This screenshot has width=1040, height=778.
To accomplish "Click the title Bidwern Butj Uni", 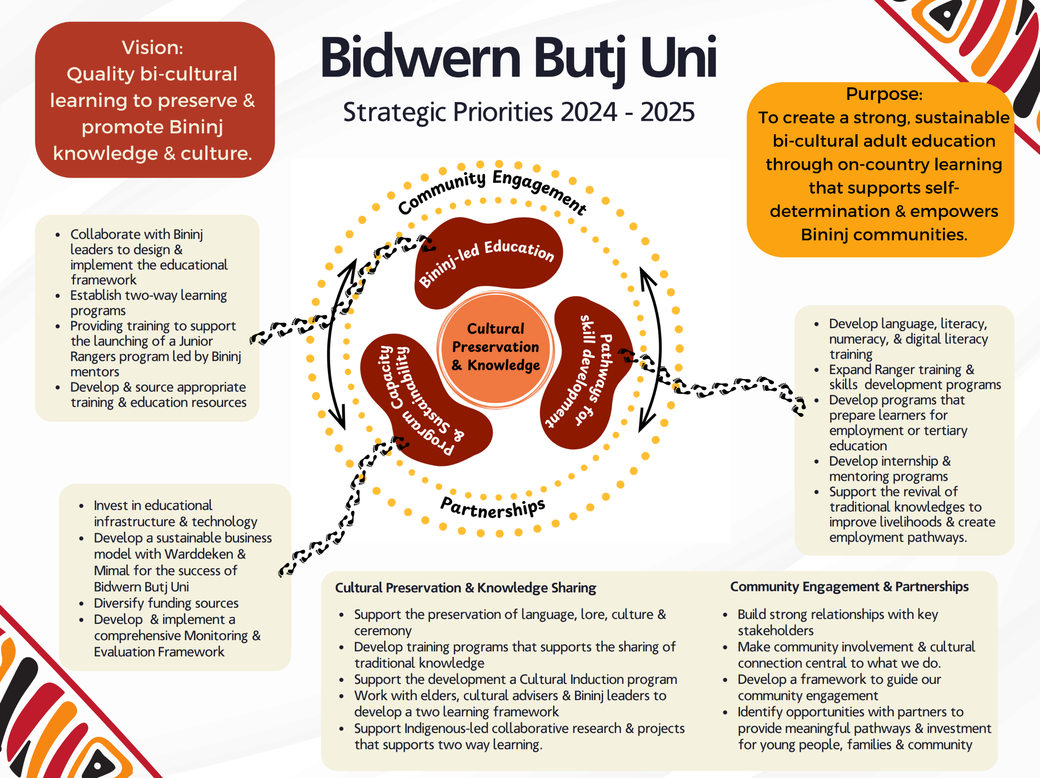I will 518,58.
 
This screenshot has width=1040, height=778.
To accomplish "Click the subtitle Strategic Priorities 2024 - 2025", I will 519,112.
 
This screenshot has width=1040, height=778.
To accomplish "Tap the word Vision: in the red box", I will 152,47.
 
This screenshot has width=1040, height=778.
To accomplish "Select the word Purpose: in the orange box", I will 884,94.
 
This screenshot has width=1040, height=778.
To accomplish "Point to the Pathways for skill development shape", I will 588,372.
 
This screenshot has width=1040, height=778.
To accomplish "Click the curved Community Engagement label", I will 492,190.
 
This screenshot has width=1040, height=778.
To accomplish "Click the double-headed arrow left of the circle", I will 337,343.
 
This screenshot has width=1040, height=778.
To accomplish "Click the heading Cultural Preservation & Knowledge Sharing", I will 466,588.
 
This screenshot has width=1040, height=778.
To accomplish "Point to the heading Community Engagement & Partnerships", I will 849,587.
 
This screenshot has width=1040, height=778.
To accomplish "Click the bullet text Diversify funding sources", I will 166,603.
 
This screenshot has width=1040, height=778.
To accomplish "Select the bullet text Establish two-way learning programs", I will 148,303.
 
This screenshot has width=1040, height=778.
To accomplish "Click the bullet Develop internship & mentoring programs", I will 889,469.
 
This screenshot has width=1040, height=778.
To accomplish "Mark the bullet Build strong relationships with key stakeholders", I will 837,622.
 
